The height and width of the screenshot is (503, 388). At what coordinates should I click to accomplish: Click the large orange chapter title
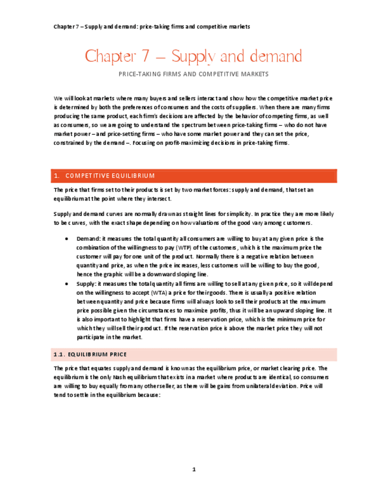click(193, 57)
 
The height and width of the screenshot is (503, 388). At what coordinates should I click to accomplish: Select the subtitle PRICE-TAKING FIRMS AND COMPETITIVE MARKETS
click(194, 74)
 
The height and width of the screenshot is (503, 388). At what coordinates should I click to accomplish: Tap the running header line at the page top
click(151, 27)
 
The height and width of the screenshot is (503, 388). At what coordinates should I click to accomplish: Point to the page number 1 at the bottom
click(194, 470)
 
